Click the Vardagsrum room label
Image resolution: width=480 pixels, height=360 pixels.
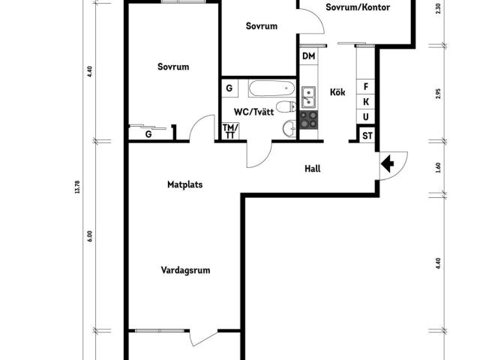[185, 270]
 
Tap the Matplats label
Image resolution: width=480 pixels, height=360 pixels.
[185, 184]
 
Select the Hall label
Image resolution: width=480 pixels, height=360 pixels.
[313, 169]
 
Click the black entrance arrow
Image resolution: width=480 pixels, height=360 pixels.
[387, 163]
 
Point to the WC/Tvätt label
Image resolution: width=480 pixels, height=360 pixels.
[253, 112]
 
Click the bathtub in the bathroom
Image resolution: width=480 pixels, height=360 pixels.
[271, 88]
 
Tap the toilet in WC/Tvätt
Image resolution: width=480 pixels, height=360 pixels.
[286, 106]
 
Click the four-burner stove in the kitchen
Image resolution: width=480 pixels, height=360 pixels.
[308, 120]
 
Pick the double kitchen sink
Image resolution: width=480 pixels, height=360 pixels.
[308, 97]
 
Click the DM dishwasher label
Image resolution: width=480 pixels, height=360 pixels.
[308, 56]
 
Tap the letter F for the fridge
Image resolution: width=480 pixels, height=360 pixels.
[366, 87]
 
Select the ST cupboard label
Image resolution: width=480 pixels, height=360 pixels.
[367, 136]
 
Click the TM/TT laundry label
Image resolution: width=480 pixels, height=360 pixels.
[230, 131]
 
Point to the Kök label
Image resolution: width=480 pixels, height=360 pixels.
[337, 92]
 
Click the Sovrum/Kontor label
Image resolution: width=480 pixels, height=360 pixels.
[358, 7]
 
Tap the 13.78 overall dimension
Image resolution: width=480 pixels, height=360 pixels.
[77, 187]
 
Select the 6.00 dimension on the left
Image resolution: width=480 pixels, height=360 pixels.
[89, 236]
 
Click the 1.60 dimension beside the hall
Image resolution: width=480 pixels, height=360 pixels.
[438, 167]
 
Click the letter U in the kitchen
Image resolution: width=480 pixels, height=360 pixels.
[366, 117]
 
